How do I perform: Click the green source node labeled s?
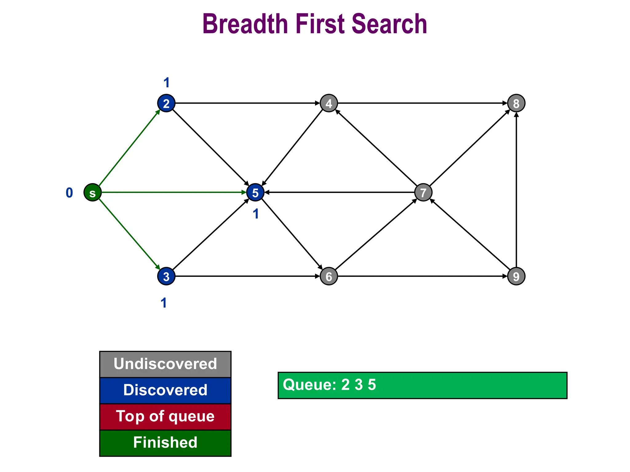(x=93, y=193)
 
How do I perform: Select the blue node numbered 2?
(x=166, y=103)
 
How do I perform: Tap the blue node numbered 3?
(x=166, y=276)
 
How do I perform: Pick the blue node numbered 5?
(x=255, y=193)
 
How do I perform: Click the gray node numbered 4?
(x=329, y=103)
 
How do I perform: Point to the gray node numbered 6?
(x=329, y=276)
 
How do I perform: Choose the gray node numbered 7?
(x=423, y=193)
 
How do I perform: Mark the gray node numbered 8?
(x=516, y=103)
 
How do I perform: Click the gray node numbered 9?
(x=516, y=276)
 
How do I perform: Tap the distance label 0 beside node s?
(x=69, y=193)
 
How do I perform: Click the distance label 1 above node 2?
(x=166, y=83)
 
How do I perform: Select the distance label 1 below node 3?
(x=164, y=303)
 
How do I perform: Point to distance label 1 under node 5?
(x=256, y=214)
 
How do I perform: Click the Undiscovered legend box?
(x=165, y=364)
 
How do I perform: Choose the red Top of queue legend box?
(x=165, y=417)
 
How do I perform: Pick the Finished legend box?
(x=165, y=443)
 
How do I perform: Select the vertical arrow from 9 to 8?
(x=516, y=191)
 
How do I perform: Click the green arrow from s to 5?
(x=172, y=193)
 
